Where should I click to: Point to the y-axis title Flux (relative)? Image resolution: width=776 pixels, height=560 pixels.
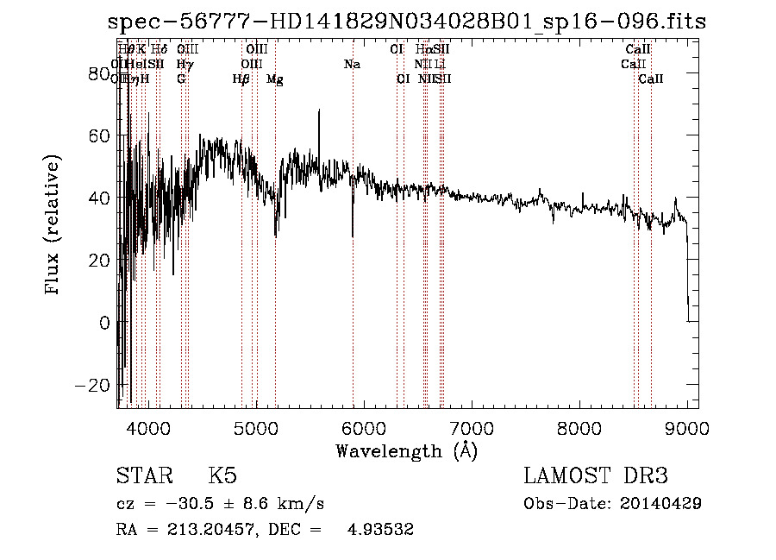53,225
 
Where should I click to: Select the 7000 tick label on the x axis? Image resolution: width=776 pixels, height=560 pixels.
471,428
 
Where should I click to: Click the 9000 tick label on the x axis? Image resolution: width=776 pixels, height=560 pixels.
687,428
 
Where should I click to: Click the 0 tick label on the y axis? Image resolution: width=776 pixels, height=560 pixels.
104,322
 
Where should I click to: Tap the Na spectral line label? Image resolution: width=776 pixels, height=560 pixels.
352,64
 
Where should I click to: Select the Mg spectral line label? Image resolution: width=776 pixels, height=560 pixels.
274,79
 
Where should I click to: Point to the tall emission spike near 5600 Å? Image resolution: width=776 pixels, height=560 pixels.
319,111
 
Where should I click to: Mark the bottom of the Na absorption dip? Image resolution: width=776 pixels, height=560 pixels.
353,236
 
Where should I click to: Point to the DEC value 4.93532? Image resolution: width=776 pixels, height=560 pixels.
381,530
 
